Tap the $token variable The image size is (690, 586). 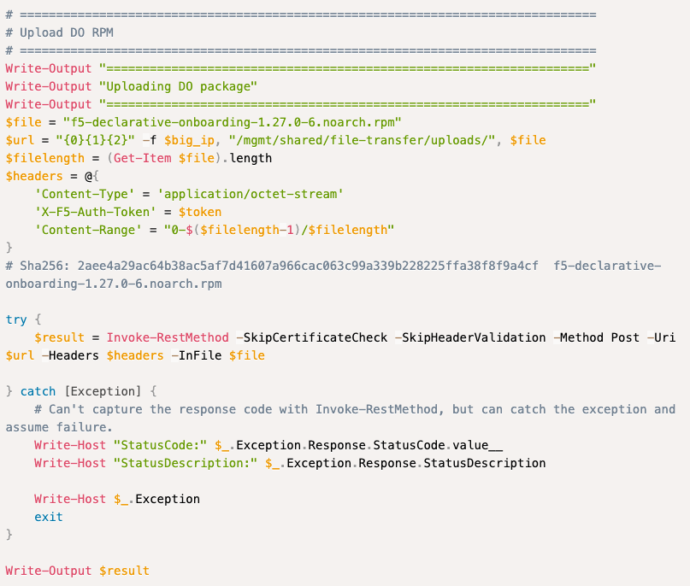coord(200,212)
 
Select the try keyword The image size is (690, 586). coord(16,319)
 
